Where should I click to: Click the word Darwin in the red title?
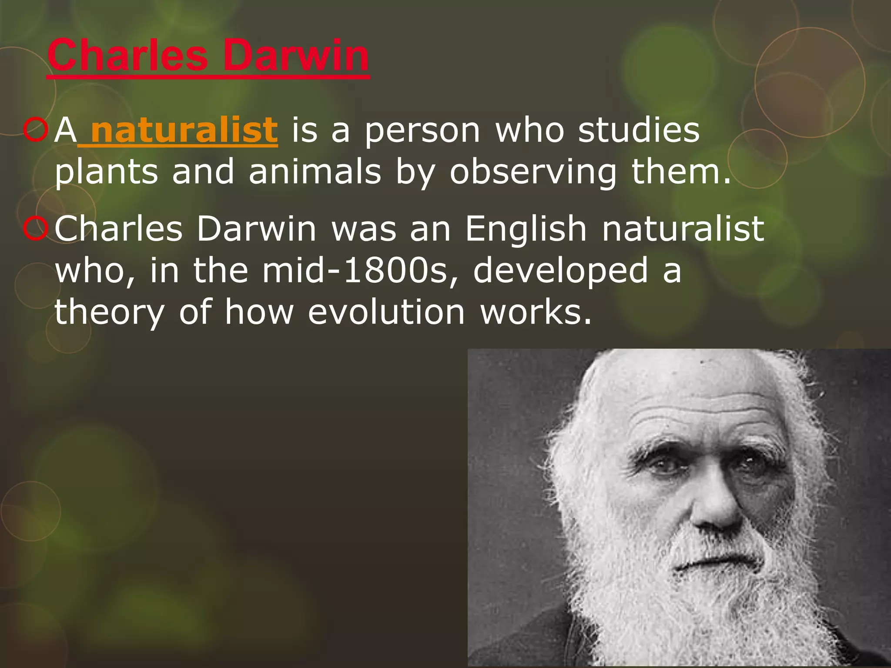pyautogui.click(x=295, y=56)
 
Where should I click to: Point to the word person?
pyautogui.click(x=422, y=131)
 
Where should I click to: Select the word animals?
pyautogui.click(x=315, y=171)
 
